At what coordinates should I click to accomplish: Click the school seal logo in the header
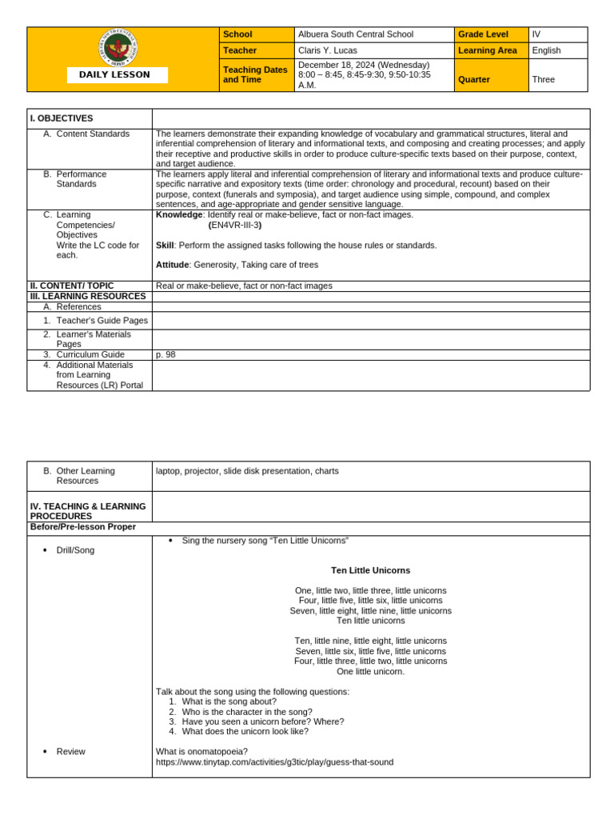tap(120, 48)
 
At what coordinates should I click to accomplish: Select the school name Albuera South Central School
tap(356, 34)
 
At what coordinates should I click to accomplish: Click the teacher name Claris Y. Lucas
tap(327, 50)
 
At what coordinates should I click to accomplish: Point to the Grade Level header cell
tap(483, 34)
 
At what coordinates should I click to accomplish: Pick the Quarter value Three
tap(543, 79)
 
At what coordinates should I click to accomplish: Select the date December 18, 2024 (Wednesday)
tap(364, 65)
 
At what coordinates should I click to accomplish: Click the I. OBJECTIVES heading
tap(62, 118)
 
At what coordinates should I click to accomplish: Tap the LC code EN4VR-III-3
tap(235, 225)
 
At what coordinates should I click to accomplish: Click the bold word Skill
tap(165, 245)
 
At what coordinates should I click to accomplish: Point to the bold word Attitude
tap(172, 265)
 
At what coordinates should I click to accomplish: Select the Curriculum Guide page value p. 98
tap(165, 354)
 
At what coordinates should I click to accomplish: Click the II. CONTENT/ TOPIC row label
tap(72, 286)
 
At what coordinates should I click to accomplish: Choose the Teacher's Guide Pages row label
tap(102, 321)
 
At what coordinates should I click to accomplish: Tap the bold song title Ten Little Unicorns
tap(370, 570)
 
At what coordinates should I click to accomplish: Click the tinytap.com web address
tap(274, 762)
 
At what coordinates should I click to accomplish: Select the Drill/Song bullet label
tap(75, 550)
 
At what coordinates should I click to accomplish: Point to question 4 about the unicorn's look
tap(245, 731)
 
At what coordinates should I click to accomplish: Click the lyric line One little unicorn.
tap(370, 671)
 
